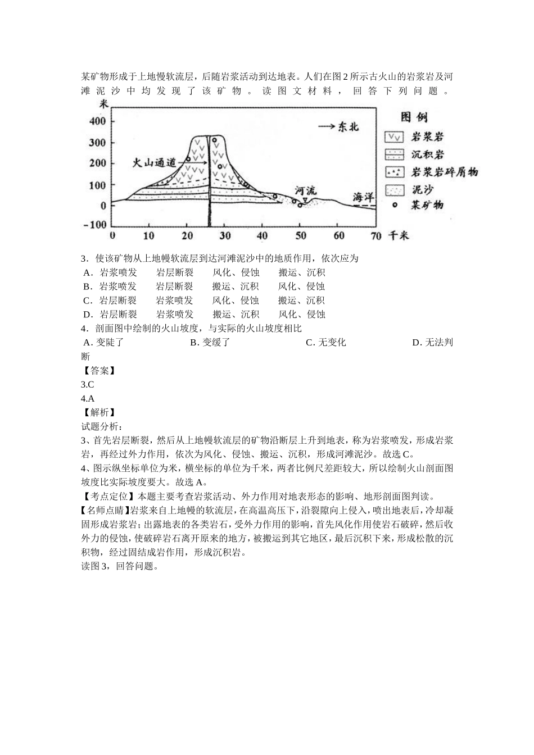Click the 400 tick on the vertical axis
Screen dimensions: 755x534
98,121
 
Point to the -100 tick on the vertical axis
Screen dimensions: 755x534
95,225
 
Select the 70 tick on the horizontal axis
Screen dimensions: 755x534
376,235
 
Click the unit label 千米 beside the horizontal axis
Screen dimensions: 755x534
399,235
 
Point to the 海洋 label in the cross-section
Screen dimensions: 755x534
363,197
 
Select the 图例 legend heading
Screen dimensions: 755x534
414,117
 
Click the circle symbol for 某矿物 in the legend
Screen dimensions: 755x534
395,205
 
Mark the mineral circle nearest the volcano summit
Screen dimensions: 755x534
214,140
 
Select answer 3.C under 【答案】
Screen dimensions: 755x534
87,385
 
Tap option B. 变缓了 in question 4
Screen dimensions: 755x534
210,343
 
